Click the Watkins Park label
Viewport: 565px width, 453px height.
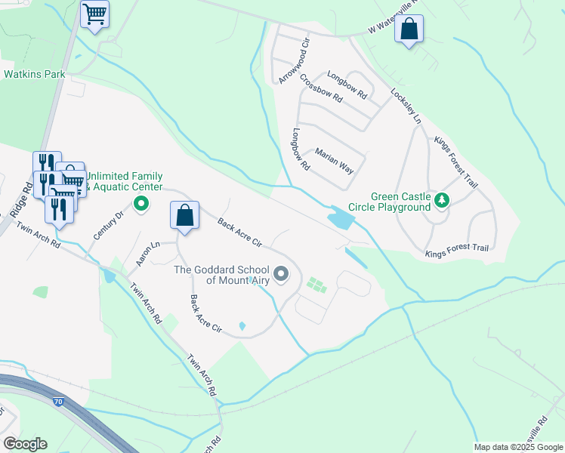35,74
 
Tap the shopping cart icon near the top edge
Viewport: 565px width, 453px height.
94,14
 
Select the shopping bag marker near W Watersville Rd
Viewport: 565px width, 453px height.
409,30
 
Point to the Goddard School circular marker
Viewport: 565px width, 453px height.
282,274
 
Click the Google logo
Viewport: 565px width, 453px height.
25,444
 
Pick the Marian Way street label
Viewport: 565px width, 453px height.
334,159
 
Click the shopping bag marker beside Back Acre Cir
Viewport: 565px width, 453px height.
184,216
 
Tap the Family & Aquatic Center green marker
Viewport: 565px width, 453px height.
140,203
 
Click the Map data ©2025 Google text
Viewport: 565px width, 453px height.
518,447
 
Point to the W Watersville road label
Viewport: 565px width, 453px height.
393,26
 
